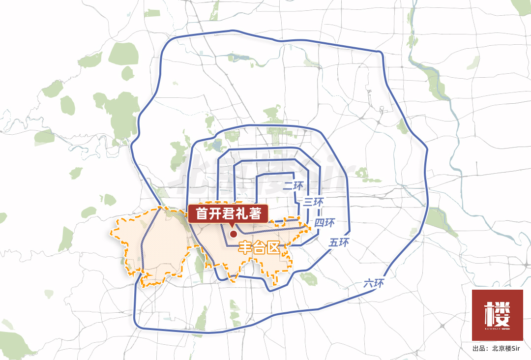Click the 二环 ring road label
(295, 186)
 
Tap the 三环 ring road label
(313, 201)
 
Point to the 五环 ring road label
(339, 242)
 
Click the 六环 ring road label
(373, 284)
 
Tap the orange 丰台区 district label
(259, 247)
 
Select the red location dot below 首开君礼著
(233, 235)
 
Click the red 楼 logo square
(497, 315)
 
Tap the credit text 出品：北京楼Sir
(497, 349)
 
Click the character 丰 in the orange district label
(245, 247)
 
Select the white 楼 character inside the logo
(497, 312)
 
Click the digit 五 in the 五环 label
(334, 242)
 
